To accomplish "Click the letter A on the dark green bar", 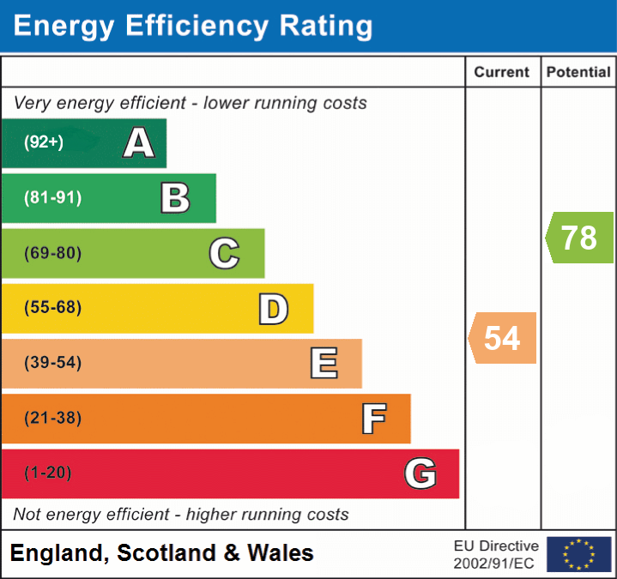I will [x=139, y=143].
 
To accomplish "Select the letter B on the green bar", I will [x=175, y=198].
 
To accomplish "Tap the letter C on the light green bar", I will [x=224, y=254].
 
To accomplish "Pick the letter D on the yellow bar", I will [x=273, y=309].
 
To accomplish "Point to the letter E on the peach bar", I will [x=324, y=364].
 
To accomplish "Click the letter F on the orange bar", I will [x=373, y=419].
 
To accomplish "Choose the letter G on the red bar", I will [x=420, y=473].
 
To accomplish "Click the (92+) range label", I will [x=44, y=143].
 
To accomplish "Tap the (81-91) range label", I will [x=53, y=198].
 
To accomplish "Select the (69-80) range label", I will [x=53, y=254].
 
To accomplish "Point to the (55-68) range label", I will [x=53, y=308].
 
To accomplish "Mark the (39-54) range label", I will [x=53, y=364].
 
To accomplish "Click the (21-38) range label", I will [x=53, y=419].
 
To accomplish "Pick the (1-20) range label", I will [x=48, y=473].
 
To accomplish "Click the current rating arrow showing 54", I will [x=503, y=338].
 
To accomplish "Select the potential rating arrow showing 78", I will [x=580, y=238].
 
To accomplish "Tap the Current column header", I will [x=503, y=73].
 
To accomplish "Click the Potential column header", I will [x=578, y=73].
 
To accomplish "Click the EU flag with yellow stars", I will [x=578, y=554].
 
